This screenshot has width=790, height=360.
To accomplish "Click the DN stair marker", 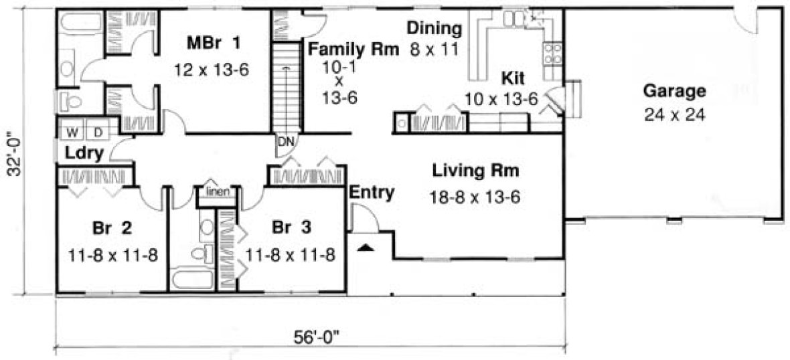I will coord(285,142).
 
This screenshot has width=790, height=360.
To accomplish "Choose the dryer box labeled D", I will coord(96,128).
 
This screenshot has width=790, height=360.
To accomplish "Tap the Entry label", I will coord(371,193).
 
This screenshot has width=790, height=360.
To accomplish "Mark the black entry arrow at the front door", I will coord(364,248).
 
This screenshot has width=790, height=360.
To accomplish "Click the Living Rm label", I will coord(475,171).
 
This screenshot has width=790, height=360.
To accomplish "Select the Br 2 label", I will coord(112,228).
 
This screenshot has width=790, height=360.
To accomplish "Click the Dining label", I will coord(434,29).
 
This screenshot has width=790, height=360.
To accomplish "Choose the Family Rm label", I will coord(353,49).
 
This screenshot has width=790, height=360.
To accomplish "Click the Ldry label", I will coord(84,153).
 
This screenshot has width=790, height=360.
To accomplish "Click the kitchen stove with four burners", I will coord(553,53).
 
